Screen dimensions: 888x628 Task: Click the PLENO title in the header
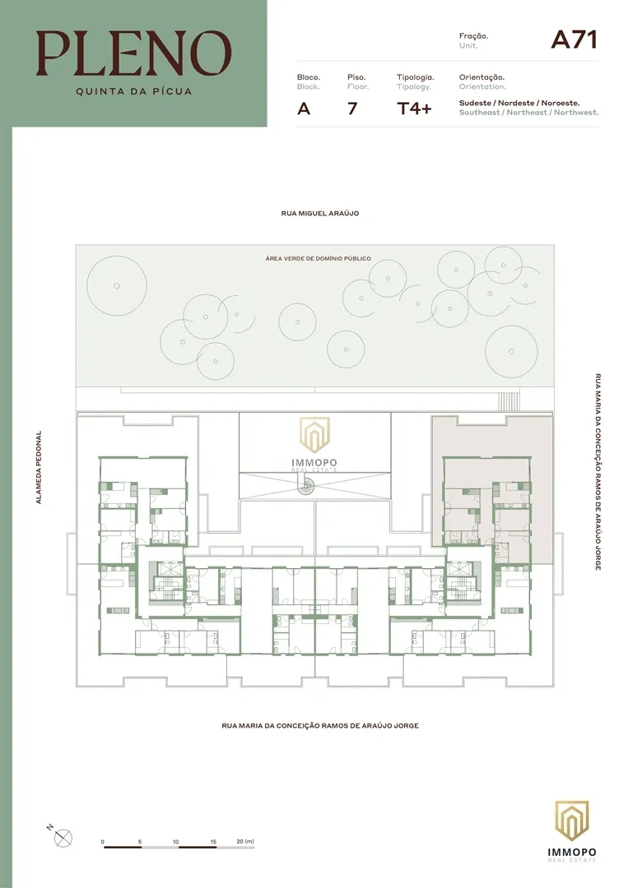point(133,53)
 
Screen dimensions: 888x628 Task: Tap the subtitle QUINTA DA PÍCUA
point(133,91)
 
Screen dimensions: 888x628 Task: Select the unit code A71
point(574,39)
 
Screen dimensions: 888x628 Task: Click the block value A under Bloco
point(304,109)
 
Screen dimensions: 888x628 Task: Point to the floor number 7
point(352,109)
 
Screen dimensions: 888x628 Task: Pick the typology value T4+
point(414,109)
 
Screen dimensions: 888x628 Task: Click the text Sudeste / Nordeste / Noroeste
point(519,103)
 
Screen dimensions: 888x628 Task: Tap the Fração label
point(473,36)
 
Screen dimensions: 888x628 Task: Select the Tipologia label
point(416,76)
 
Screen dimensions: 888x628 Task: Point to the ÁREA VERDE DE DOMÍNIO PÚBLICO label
point(318,258)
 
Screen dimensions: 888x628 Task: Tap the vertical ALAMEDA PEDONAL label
point(38,468)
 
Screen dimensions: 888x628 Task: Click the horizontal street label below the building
point(320,726)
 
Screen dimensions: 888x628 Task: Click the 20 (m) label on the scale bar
point(244,842)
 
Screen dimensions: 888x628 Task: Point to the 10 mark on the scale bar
point(176,842)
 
